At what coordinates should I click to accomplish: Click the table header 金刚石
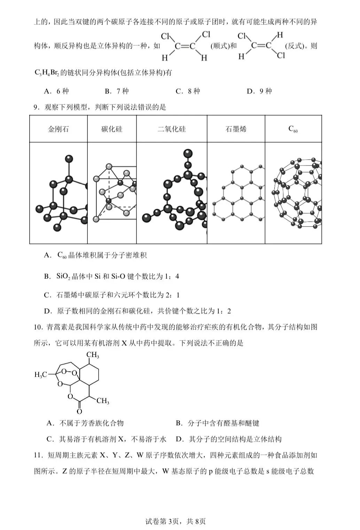(58, 129)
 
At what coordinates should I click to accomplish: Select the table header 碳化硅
(112, 129)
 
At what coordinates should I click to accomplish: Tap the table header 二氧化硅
(172, 129)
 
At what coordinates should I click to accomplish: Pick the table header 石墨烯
(236, 129)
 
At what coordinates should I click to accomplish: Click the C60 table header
(293, 129)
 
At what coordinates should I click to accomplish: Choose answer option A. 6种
(56, 91)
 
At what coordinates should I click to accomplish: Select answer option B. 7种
(117, 91)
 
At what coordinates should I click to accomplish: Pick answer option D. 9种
(259, 91)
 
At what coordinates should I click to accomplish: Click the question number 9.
(36, 107)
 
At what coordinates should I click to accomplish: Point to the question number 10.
(38, 327)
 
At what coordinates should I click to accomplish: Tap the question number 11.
(38, 455)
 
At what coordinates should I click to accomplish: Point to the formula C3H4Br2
(46, 73)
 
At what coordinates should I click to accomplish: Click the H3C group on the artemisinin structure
(40, 375)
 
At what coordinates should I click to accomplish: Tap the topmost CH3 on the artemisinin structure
(93, 355)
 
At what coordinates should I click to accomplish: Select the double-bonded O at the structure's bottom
(79, 412)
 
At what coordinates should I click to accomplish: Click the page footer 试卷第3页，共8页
(180, 521)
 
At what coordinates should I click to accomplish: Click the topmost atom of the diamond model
(69, 159)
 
